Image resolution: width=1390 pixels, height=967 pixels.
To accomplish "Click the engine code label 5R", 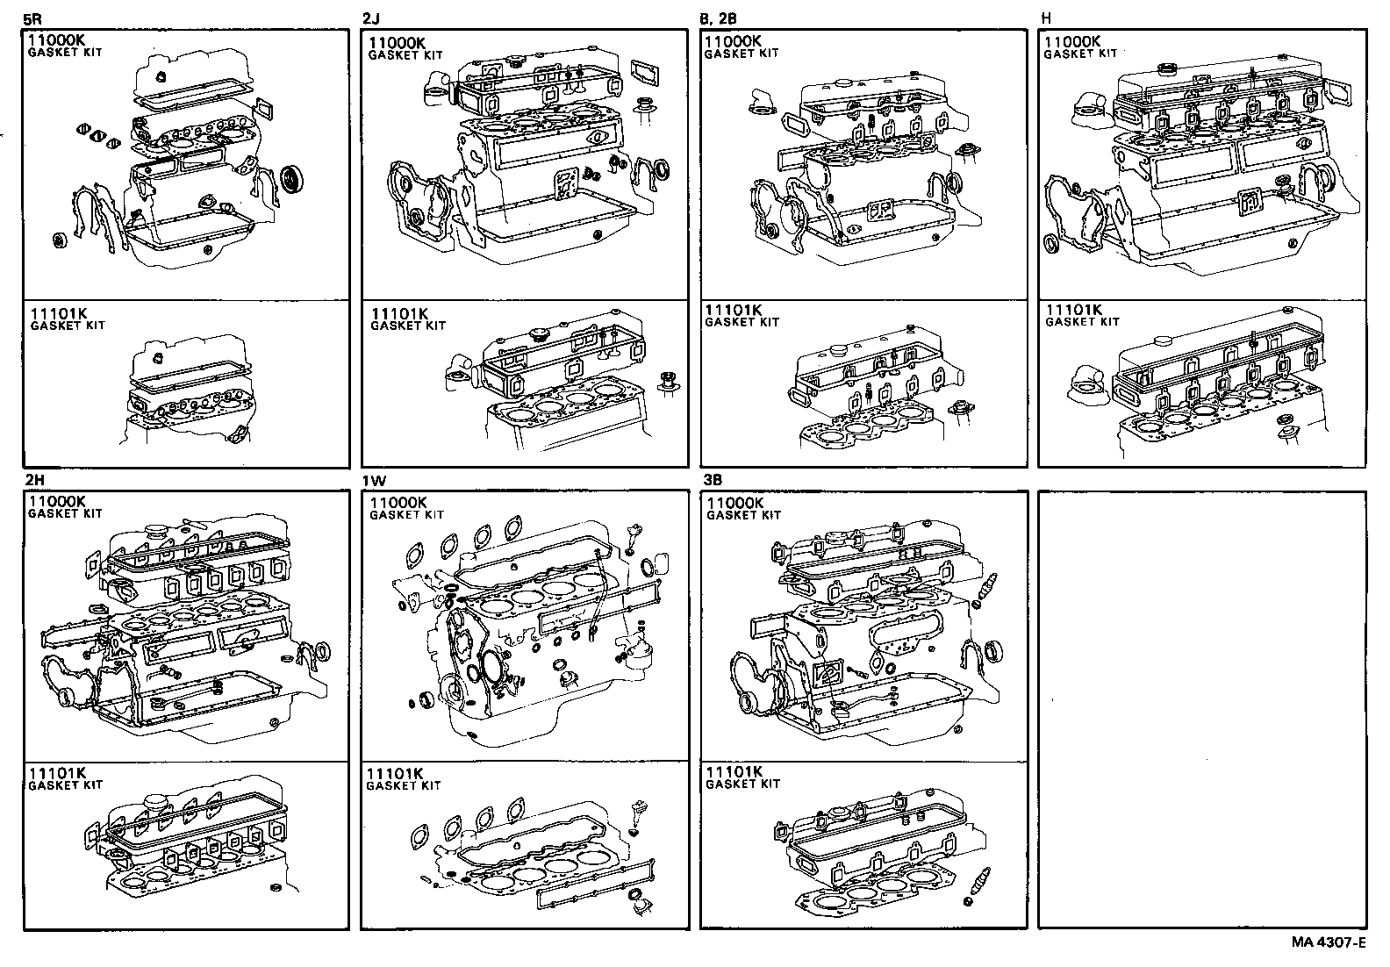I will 32,17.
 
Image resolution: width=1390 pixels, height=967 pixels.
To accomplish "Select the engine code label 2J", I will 370,17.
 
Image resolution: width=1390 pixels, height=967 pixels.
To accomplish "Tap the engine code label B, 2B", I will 719,17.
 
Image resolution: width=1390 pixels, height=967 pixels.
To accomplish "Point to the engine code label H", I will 1046,17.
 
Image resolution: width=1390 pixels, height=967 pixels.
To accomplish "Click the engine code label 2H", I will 33,480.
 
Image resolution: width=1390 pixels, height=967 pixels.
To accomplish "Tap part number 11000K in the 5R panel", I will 56,40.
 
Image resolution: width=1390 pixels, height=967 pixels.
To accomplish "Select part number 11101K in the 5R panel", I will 58,312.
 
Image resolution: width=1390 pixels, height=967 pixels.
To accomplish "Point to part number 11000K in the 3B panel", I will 735,503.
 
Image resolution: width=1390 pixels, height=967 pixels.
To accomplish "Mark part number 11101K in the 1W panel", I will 395,773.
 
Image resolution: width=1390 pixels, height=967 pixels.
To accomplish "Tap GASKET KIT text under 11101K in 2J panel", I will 408,326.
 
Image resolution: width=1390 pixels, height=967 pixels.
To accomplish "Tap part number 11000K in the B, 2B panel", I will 733,40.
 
